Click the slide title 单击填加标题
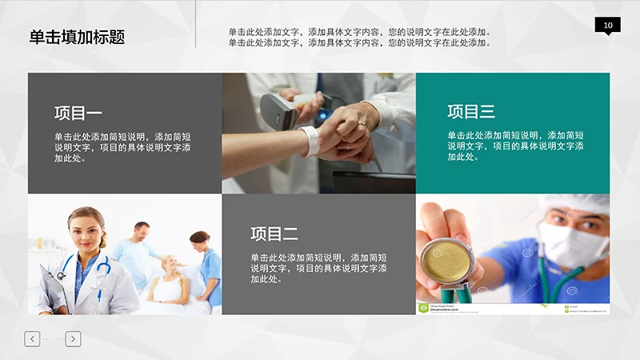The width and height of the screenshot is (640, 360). pos(77,37)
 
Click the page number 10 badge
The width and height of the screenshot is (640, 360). pos(607,26)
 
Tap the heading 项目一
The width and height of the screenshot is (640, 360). pos(78,113)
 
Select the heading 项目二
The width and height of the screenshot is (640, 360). pos(274,234)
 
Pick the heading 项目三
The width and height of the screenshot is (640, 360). pos(471,112)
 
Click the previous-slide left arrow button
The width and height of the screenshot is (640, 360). pos(32,339)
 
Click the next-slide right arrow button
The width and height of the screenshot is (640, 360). pos(73,339)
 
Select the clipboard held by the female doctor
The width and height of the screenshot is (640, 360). pos(56,284)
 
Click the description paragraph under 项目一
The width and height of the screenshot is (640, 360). pos(122,147)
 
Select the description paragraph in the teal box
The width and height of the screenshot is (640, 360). pos(515,146)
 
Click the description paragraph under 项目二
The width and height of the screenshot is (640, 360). pos(318,268)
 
